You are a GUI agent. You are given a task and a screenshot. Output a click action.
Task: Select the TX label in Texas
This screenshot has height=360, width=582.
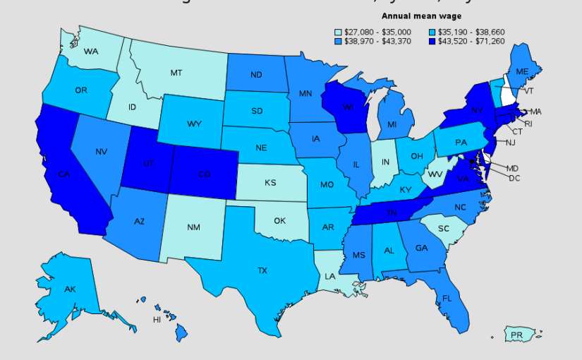(x=262, y=270)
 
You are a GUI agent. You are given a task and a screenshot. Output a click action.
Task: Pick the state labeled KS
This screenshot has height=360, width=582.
(x=270, y=183)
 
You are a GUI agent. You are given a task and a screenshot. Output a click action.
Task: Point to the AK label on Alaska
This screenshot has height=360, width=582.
(x=70, y=289)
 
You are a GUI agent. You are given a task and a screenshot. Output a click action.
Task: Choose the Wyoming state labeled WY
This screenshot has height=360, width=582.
(x=195, y=124)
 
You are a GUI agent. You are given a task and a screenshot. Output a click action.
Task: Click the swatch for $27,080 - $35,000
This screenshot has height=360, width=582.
(x=337, y=32)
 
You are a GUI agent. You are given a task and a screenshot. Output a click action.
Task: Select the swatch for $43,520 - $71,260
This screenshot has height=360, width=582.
(x=432, y=42)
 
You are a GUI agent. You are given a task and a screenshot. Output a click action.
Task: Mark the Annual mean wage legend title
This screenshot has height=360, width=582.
(x=421, y=16)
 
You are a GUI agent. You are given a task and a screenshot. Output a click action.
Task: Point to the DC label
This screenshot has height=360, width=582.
(x=514, y=178)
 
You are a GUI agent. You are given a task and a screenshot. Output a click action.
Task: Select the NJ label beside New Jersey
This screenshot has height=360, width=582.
(x=511, y=143)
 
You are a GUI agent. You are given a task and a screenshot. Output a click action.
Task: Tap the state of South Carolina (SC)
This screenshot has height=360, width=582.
(x=444, y=229)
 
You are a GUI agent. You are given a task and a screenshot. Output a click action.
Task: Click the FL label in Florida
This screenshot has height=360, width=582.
(x=447, y=299)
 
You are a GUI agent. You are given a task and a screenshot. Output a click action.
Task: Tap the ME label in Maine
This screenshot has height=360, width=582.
(x=522, y=72)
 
